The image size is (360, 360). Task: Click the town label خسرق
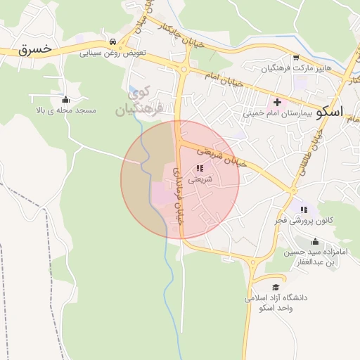35,49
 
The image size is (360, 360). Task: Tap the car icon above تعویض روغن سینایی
113,40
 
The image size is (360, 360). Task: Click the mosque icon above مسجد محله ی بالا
65,98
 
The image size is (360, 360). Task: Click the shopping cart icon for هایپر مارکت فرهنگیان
296,58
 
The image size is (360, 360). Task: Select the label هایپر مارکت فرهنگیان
295,69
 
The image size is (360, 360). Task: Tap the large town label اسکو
330,112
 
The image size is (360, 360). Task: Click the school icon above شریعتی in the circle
200,169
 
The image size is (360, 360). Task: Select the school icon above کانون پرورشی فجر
304,210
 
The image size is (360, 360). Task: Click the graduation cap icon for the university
276,288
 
